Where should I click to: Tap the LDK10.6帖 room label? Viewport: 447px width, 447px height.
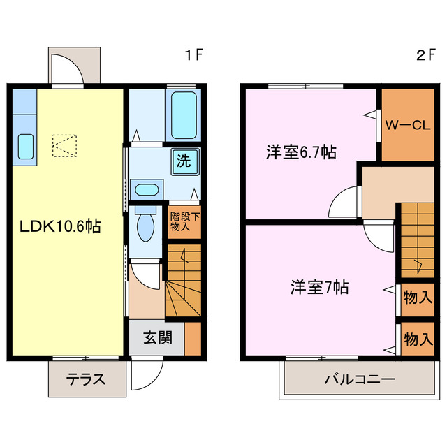60,226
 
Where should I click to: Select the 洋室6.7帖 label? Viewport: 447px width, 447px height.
300,152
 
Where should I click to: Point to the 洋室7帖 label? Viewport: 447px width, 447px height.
320,286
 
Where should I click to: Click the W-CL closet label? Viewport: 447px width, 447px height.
408,126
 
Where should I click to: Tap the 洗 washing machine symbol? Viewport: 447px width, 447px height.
183,161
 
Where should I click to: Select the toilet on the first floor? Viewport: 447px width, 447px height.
145,224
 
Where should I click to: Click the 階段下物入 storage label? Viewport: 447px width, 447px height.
184,221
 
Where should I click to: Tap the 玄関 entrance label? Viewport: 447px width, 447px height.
157,339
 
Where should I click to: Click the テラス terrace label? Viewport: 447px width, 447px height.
86,380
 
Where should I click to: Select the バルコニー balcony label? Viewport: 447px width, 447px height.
359,381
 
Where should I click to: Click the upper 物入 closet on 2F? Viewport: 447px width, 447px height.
417,298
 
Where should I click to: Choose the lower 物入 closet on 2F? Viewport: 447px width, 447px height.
417,339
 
